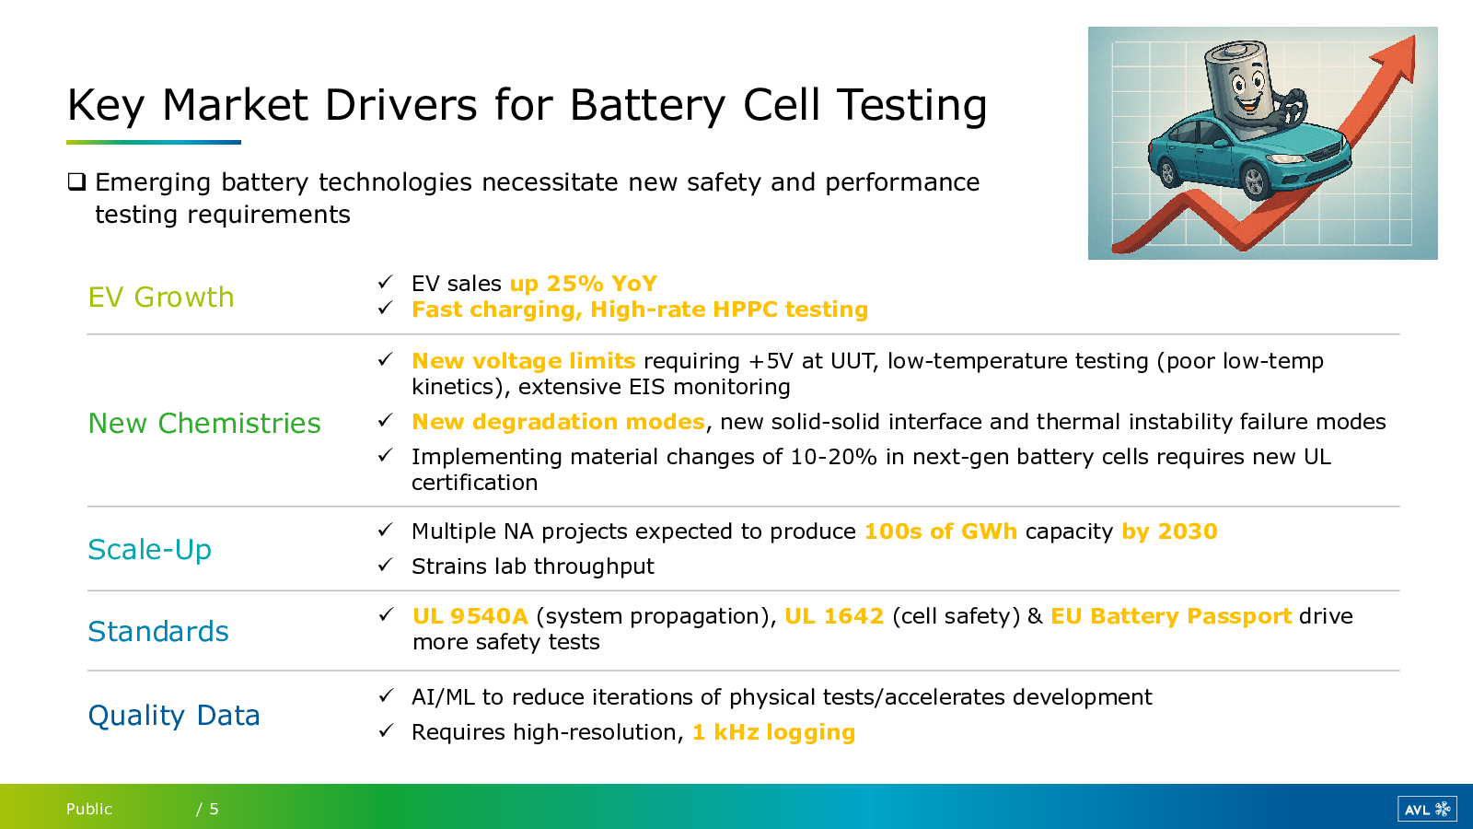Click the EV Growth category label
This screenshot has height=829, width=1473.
coord(161,298)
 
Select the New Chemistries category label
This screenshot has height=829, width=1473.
coord(204,423)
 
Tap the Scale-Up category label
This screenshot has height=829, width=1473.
coord(150,550)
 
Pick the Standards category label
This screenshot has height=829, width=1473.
coord(158,632)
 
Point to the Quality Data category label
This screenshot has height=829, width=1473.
coord(174,716)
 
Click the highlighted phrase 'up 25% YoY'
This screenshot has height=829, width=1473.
coord(584,284)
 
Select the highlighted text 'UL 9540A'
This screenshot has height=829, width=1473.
coord(470,616)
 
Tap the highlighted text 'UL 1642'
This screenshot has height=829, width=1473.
coord(834,616)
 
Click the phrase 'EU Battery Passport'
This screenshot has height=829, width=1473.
coord(1171,616)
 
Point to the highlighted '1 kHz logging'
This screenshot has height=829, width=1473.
coord(774,732)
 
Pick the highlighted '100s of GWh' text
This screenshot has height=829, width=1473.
coord(941,531)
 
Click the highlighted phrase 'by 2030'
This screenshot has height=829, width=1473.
coord(1170,531)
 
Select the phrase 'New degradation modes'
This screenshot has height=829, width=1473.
coord(558,422)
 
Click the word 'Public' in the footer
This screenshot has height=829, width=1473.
coord(89,809)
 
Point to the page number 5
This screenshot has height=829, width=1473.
coord(214,809)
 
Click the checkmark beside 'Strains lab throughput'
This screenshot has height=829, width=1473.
coord(386,566)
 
